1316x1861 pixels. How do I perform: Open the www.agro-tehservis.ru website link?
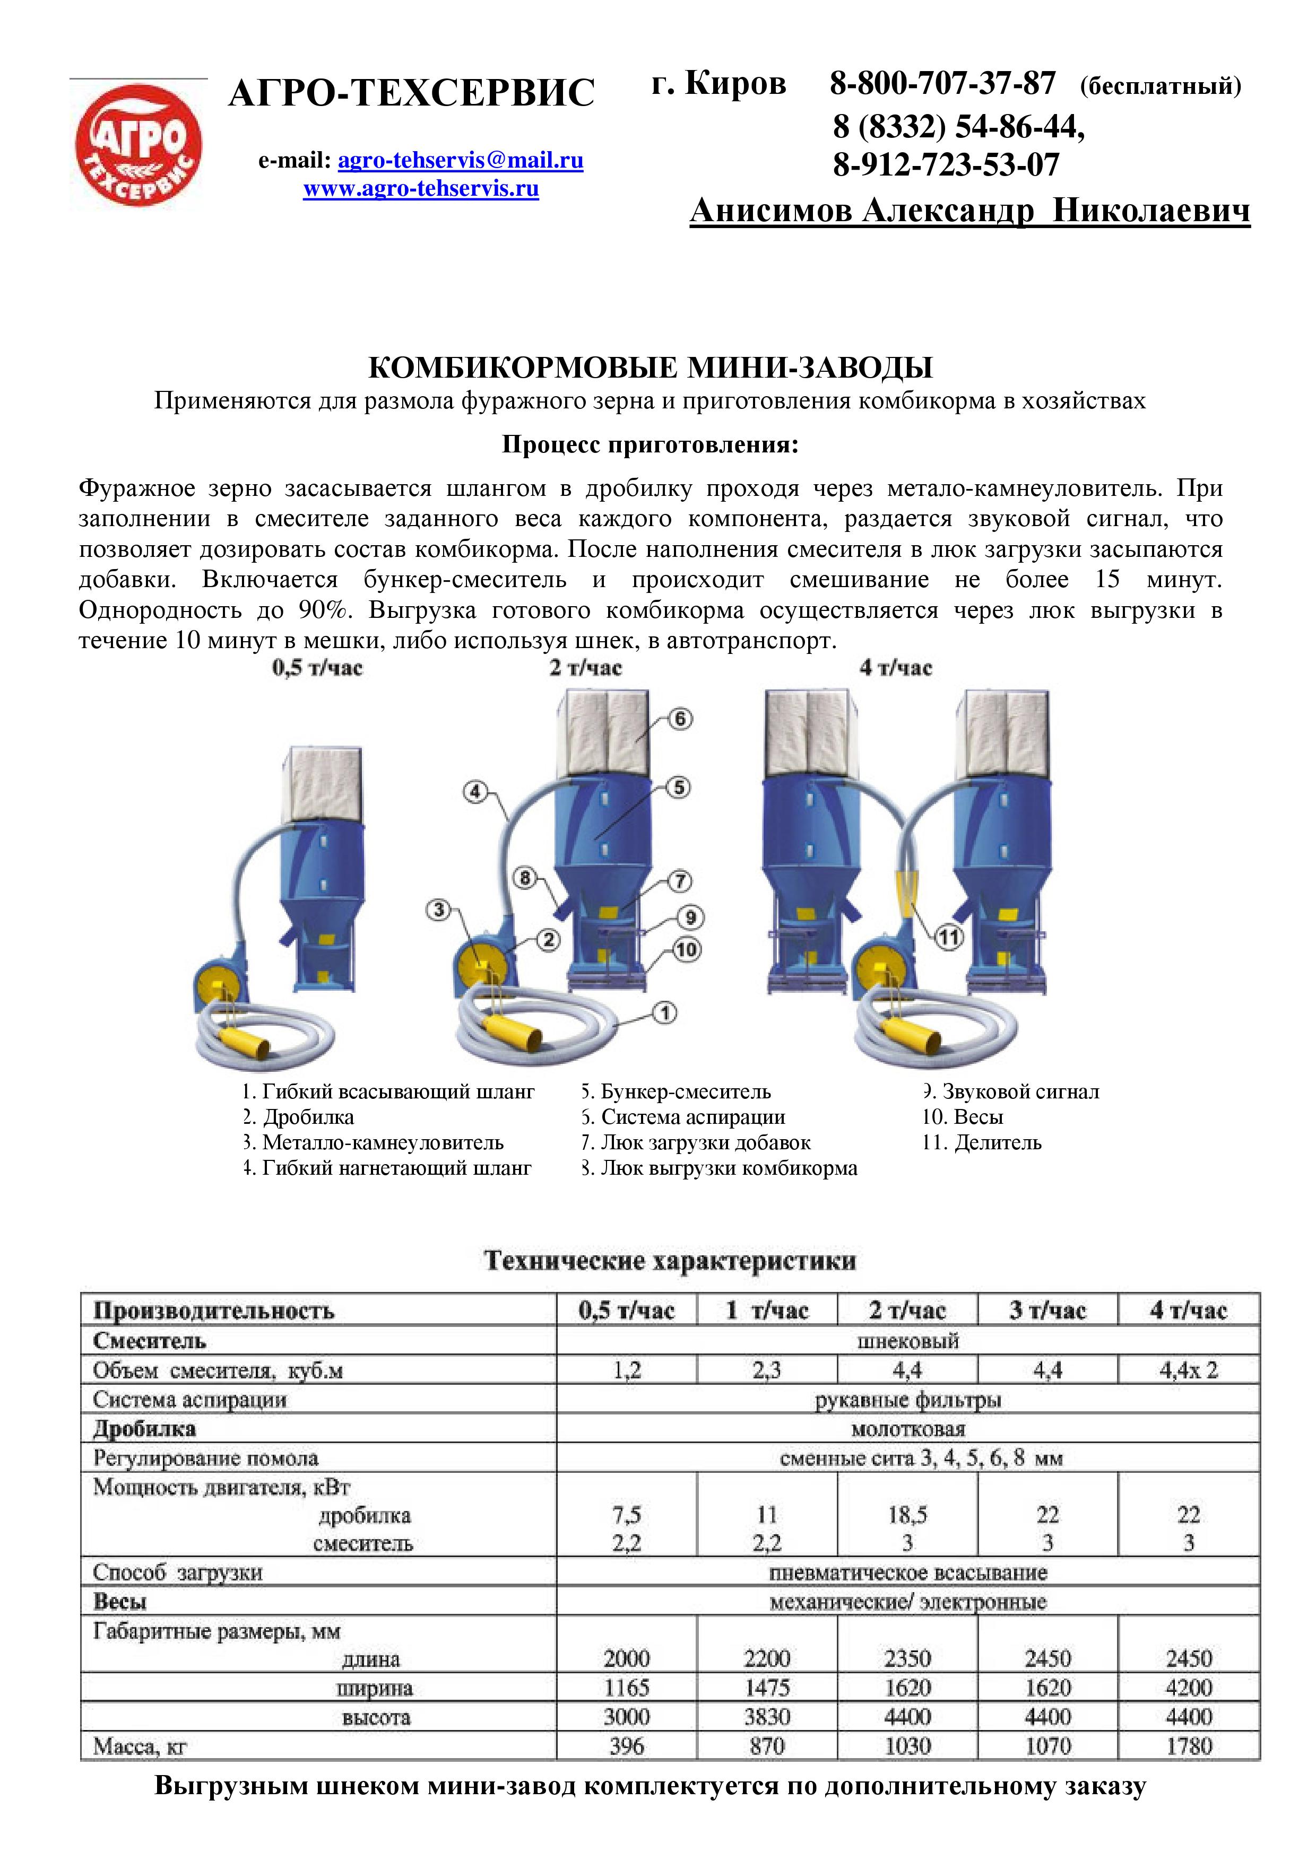click(x=421, y=189)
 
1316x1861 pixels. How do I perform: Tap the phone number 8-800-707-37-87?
click(x=942, y=83)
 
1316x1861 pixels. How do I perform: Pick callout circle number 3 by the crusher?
click(x=439, y=910)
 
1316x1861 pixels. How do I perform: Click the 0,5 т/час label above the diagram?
click(x=317, y=669)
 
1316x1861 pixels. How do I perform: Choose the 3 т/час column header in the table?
click(x=1047, y=1310)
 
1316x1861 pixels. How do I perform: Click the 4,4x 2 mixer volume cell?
click(x=1188, y=1370)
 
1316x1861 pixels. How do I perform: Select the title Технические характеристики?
click(x=670, y=1261)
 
